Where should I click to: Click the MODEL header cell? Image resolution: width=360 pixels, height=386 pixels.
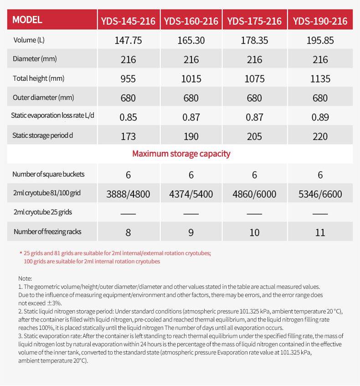(x=27, y=20)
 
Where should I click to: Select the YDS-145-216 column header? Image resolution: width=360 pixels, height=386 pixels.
(x=128, y=21)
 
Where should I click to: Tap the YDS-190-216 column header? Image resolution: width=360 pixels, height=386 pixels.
(x=320, y=21)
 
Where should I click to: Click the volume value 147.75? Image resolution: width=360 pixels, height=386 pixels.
(x=128, y=40)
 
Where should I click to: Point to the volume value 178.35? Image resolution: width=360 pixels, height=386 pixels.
(x=254, y=40)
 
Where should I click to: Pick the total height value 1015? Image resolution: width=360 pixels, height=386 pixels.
(x=191, y=78)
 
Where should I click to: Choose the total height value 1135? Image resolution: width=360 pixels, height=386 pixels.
(x=320, y=78)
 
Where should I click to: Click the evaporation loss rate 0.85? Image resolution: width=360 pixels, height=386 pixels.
(x=128, y=117)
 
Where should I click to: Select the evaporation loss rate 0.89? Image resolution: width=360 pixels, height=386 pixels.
(x=320, y=117)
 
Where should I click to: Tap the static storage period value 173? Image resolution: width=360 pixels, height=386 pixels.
(x=128, y=136)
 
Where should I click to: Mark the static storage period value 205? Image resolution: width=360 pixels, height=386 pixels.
(x=254, y=136)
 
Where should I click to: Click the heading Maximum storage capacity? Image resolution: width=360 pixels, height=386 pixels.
(x=181, y=153)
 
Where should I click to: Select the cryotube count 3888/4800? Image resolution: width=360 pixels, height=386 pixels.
(x=128, y=194)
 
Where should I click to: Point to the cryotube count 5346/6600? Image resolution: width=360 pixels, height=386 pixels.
(x=320, y=194)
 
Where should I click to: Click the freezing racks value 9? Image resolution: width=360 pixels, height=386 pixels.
(x=191, y=232)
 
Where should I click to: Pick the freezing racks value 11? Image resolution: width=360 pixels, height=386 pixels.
(x=320, y=232)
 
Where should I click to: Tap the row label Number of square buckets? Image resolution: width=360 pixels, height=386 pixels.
(x=48, y=174)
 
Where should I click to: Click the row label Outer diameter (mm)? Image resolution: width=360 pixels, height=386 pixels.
(x=43, y=97)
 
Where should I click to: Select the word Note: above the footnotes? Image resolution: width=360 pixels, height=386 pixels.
(x=25, y=278)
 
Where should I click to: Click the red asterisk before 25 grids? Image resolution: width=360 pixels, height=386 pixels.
(x=21, y=253)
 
